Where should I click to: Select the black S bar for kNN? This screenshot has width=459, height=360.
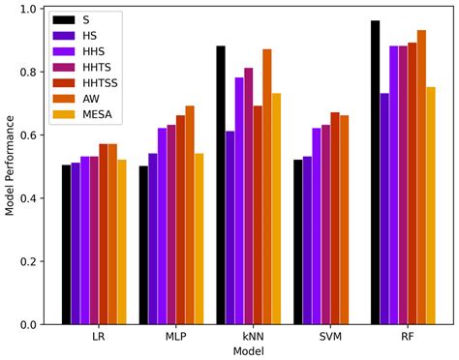pos(221,185)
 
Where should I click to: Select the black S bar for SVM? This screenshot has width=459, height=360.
pos(297,242)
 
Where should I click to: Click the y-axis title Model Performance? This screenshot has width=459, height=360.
pos(9,166)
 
